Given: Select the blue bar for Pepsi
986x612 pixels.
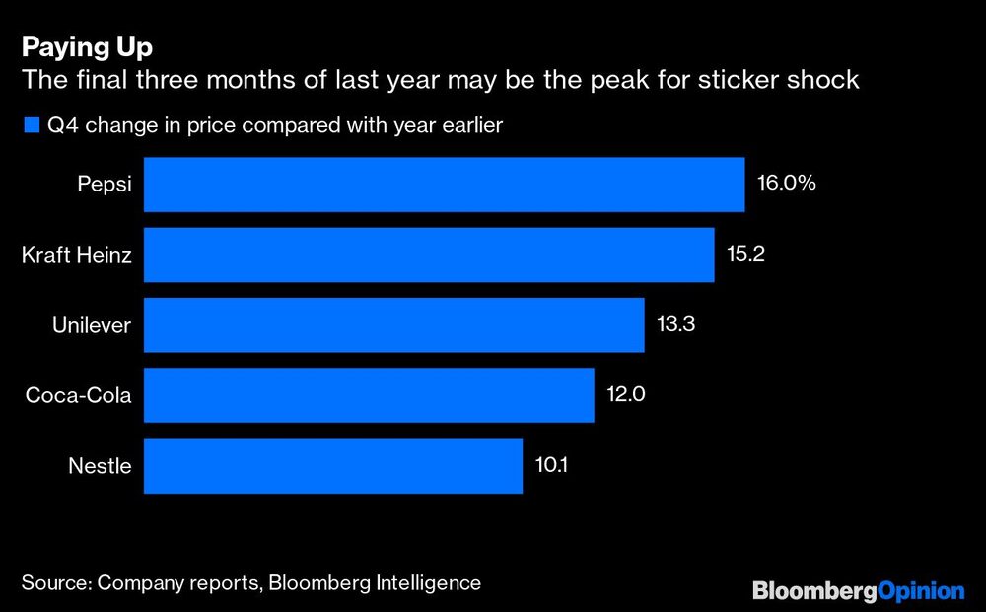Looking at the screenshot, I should (444, 185).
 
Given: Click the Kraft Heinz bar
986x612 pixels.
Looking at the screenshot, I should (429, 255).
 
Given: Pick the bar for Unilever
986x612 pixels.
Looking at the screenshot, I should (394, 325).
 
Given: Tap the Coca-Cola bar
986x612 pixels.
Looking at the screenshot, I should (369, 396).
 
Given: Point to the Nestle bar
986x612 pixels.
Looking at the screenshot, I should (333, 466).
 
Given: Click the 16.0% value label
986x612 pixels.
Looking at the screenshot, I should (786, 184).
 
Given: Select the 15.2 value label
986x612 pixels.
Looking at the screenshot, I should (745, 255).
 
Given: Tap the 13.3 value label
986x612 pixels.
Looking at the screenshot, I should (676, 325).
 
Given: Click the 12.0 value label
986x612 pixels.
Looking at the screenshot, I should (626, 396).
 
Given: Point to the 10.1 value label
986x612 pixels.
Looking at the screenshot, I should (552, 466).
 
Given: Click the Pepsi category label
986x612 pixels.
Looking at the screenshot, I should (105, 185).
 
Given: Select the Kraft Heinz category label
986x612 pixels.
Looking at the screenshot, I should (76, 255).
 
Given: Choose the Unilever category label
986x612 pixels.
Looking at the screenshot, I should (91, 325).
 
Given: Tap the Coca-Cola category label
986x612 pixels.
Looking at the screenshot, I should (79, 396).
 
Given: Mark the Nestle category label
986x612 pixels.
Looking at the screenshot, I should (100, 466).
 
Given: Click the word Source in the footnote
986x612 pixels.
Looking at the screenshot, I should (54, 583).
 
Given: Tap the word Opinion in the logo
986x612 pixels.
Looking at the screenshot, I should (920, 591).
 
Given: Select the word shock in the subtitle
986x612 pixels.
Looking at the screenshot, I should (824, 80).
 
